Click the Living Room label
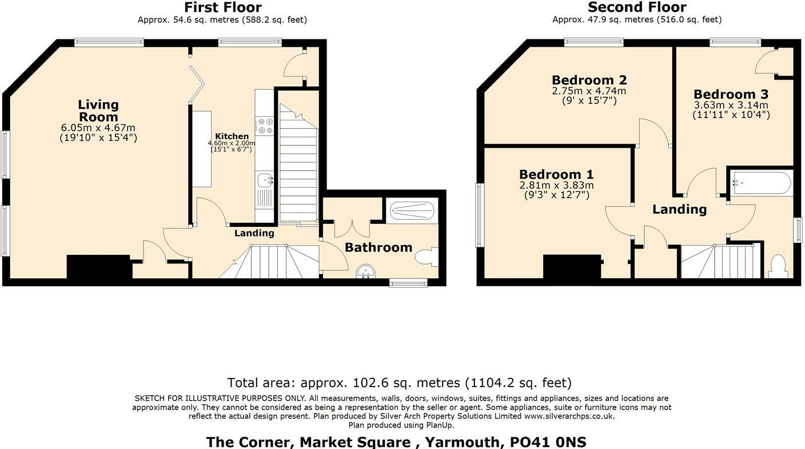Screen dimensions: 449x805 (98, 111)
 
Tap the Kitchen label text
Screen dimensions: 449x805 (232, 136)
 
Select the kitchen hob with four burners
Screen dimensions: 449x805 (264, 126)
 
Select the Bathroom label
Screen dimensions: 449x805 (378, 247)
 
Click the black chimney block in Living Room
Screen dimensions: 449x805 (99, 266)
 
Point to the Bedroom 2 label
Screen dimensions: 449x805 (589, 80)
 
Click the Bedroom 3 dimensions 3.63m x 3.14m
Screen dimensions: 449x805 (731, 105)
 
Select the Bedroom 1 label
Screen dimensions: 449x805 (556, 174)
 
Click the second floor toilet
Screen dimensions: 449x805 (778, 266)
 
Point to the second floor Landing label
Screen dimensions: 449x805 (679, 210)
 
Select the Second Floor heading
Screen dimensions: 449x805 (637, 7)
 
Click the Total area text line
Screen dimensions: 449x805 (399, 383)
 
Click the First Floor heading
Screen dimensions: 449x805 (222, 7)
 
